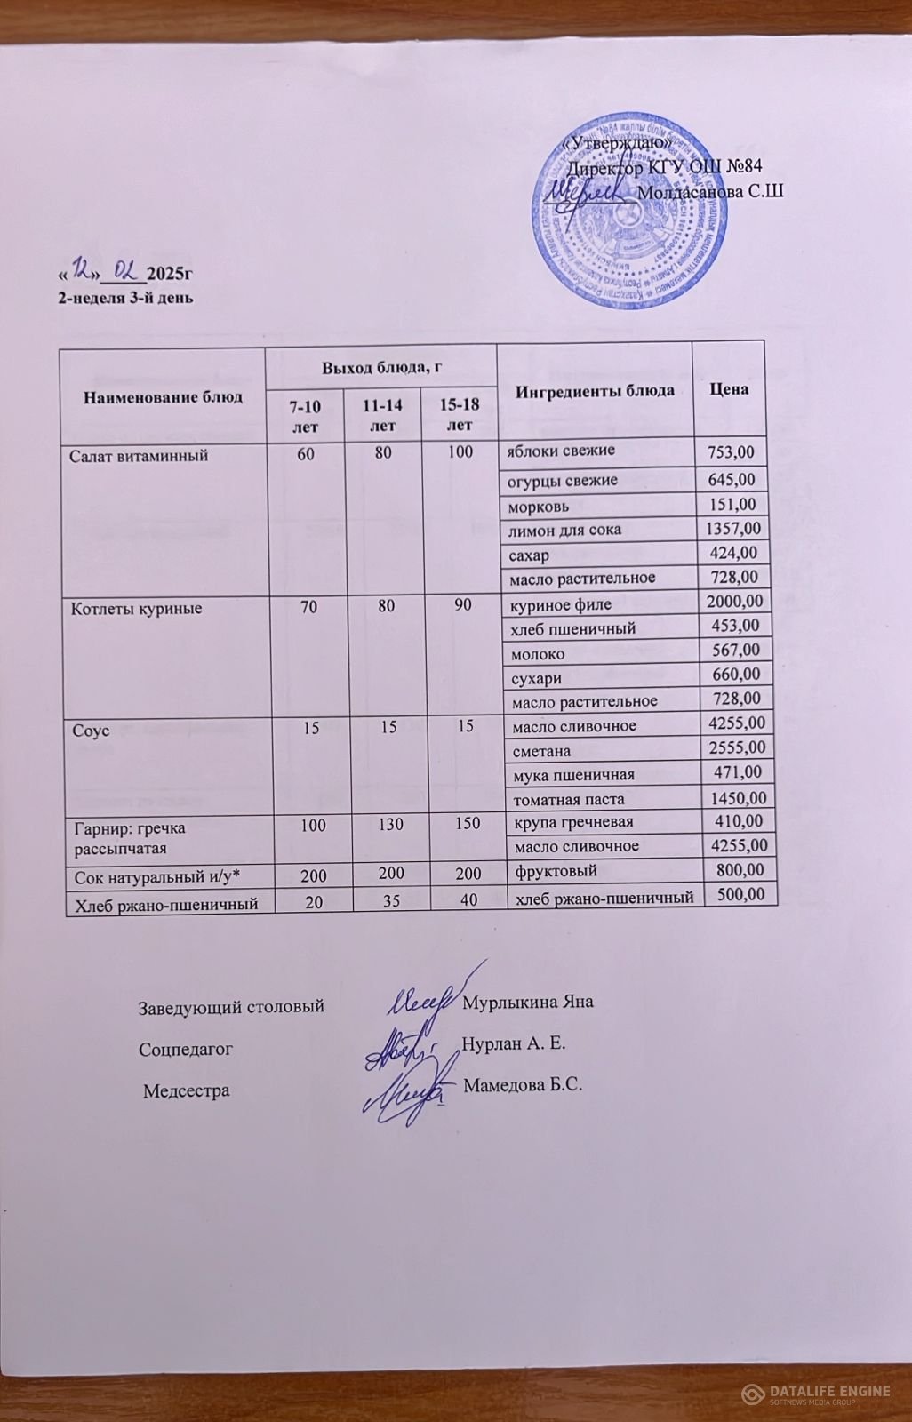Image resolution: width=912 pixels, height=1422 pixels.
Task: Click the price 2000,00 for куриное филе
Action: coord(733,603)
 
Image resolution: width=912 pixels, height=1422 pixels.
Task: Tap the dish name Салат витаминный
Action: coord(139,456)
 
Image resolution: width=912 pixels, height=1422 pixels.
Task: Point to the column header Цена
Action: coord(728,389)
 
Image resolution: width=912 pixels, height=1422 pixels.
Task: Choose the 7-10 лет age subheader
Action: coord(305,415)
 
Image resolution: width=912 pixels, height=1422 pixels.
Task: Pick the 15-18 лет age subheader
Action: coord(460,414)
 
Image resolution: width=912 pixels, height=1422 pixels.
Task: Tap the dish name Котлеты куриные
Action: coord(136,609)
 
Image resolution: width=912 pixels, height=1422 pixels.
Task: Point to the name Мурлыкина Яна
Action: coord(528,1002)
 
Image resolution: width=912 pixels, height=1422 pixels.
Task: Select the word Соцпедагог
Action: coord(186,1049)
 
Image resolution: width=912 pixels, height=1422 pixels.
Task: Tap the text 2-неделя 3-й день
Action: coord(124,298)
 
